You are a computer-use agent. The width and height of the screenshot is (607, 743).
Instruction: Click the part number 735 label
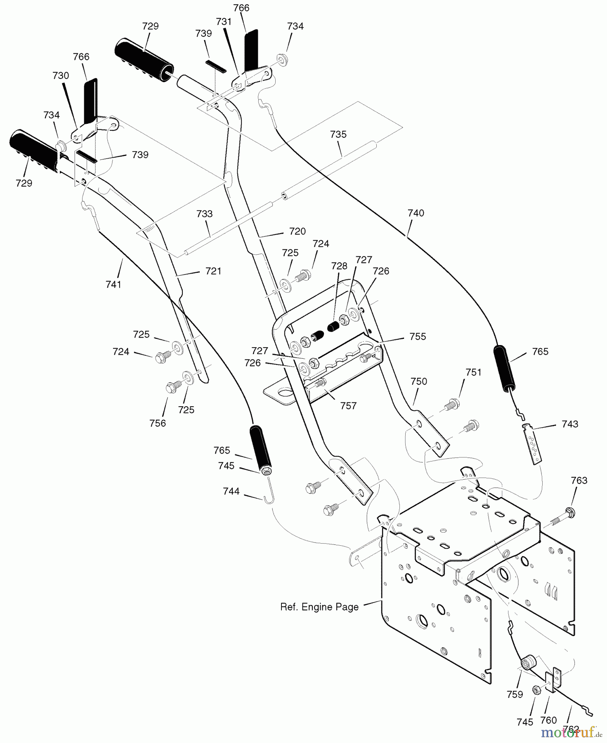pyautogui.click(x=338, y=135)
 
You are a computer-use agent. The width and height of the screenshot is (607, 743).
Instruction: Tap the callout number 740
pyautogui.click(x=416, y=213)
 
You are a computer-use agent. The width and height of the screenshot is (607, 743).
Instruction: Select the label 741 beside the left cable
pyautogui.click(x=113, y=284)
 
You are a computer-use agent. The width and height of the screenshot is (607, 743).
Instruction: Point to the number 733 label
pyautogui.click(x=205, y=214)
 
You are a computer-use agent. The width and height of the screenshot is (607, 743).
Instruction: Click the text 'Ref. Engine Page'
pyautogui.click(x=319, y=607)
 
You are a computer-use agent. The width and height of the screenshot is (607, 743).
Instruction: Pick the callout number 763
pyautogui.click(x=579, y=480)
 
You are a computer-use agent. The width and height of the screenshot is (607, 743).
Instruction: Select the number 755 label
pyautogui.click(x=418, y=336)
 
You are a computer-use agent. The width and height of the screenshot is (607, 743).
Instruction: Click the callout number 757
pyautogui.click(x=348, y=406)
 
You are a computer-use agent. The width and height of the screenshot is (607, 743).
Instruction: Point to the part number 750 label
pyautogui.click(x=419, y=381)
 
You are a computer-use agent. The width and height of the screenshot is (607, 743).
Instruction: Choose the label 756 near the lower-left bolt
pyautogui.click(x=158, y=423)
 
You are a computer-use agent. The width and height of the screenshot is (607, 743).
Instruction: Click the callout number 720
pyautogui.click(x=297, y=231)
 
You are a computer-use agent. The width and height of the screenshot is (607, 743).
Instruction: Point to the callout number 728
pyautogui.click(x=340, y=266)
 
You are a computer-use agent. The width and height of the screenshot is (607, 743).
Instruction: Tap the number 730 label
pyautogui.click(x=61, y=76)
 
